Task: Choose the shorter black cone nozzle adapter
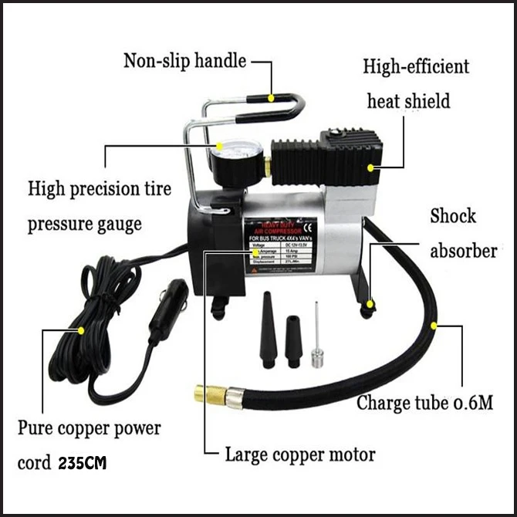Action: tap(294, 340)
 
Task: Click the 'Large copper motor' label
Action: tap(300, 454)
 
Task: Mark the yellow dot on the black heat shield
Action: tap(371, 166)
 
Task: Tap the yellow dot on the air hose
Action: tap(434, 326)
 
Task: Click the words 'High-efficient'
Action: tap(416, 66)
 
